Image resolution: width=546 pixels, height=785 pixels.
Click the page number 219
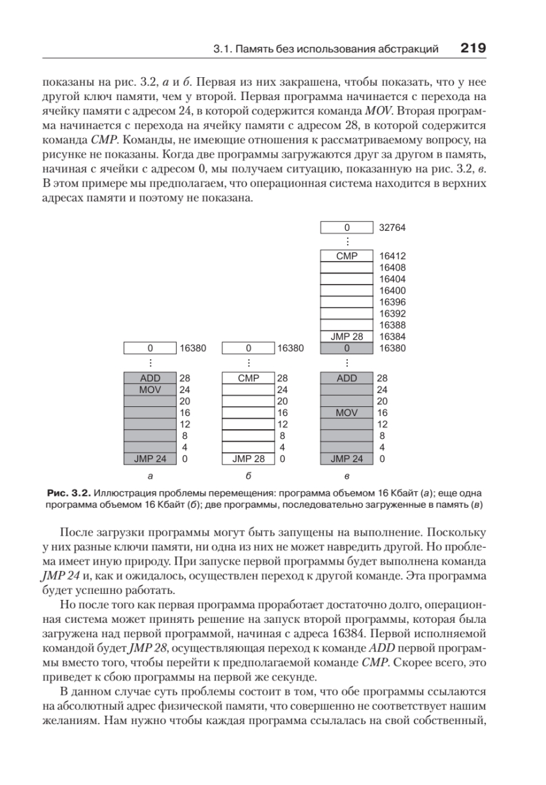pos(473,48)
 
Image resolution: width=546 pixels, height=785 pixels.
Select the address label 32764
pos(393,228)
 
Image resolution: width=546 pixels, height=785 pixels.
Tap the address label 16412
pos(393,256)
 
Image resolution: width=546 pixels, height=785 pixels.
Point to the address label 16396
pos(393,302)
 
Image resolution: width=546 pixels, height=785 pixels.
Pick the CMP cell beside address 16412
pos(347,256)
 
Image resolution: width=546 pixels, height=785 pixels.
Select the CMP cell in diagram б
pos(248,378)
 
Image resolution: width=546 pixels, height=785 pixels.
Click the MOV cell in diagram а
pos(150,390)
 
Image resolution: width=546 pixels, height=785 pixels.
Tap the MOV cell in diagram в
pos(347,413)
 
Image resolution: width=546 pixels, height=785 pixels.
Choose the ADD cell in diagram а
pos(150,378)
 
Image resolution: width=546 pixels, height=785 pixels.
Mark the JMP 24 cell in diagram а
pos(150,459)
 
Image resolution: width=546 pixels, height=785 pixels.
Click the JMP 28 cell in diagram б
pos(248,459)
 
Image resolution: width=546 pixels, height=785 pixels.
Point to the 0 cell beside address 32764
pos(347,228)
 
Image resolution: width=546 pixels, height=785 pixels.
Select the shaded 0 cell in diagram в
pos(347,348)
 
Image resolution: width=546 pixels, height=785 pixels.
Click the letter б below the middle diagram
pos(248,476)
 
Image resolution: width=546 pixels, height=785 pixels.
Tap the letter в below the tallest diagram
pos(347,476)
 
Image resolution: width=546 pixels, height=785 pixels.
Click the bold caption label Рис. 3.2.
pos(69,491)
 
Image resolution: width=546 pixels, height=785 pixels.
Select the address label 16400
pos(393,290)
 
